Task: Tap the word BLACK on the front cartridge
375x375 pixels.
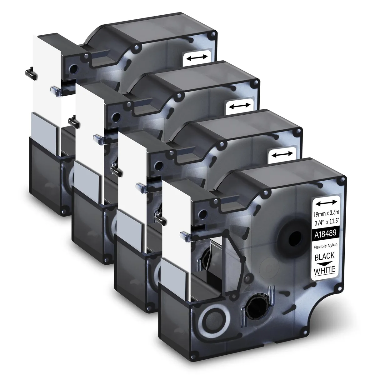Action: [x=324, y=257]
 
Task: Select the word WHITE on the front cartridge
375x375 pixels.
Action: [x=325, y=271]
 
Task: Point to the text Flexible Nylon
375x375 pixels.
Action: [x=325, y=246]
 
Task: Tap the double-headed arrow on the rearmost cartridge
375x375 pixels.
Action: [x=197, y=57]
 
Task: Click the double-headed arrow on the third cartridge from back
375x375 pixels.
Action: [x=282, y=154]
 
